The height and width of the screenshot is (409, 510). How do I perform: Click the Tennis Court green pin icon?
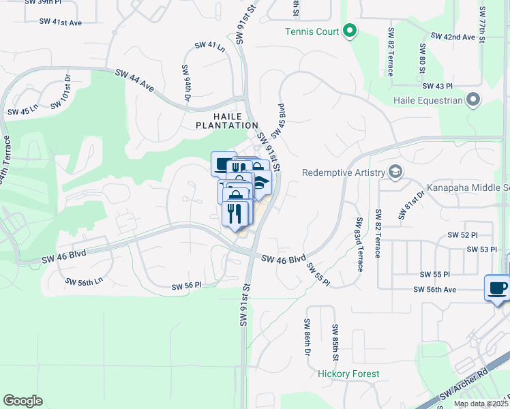click(350, 31)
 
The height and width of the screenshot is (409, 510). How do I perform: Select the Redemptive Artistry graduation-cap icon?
click(394, 171)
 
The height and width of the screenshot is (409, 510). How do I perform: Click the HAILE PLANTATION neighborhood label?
click(227, 121)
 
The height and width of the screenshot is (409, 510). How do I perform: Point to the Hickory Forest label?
click(348, 374)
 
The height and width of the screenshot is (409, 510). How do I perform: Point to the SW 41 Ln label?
click(209, 46)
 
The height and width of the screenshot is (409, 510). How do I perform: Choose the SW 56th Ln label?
click(83, 281)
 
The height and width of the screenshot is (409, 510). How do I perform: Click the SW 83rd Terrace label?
click(358, 244)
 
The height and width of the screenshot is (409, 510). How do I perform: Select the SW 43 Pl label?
click(438, 86)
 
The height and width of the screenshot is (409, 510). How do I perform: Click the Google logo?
click(22, 401)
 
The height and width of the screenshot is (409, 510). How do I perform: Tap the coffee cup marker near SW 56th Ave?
click(498, 288)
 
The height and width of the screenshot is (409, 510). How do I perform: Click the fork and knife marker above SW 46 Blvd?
click(235, 214)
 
